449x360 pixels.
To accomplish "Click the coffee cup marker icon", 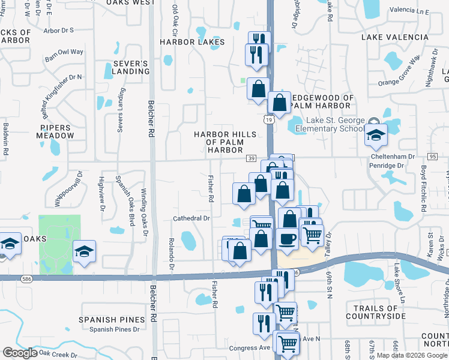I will pyautogui.click(x=287, y=238).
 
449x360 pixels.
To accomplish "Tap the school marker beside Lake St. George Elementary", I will pyautogui.click(x=376, y=135).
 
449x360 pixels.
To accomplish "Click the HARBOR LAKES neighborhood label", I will pyautogui.click(x=192, y=42).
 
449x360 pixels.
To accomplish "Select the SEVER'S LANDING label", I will pyautogui.click(x=130, y=67).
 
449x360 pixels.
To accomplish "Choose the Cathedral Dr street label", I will pyautogui.click(x=192, y=219).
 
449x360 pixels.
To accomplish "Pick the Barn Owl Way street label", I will pyautogui.click(x=64, y=52).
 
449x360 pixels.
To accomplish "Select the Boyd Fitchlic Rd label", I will pyautogui.click(x=423, y=189).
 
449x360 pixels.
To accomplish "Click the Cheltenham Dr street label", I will pyautogui.click(x=394, y=156).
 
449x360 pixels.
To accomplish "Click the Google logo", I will pyautogui.click(x=20, y=352).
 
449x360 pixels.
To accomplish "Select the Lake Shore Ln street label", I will pyautogui.click(x=399, y=282).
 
